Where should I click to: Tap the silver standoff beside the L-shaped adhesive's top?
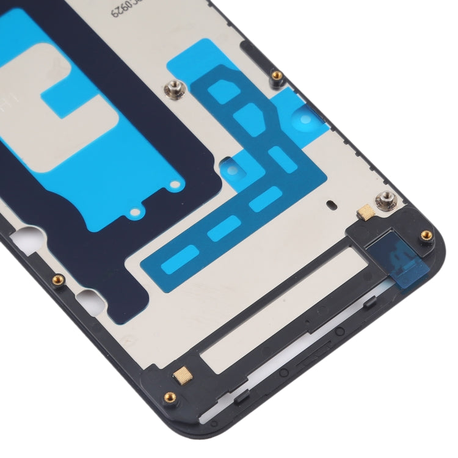173,90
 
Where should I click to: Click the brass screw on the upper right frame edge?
276,76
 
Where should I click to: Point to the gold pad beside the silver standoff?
365,211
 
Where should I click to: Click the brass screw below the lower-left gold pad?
170,398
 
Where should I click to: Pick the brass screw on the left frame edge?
59,279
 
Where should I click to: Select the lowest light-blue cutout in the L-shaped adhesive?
178,254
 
